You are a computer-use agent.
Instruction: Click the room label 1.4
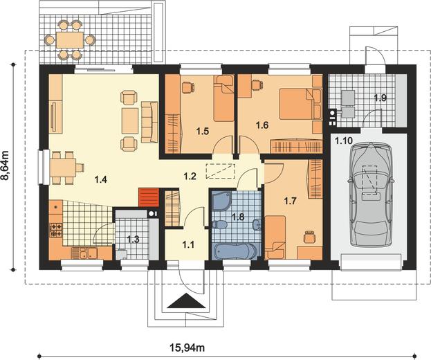[100, 179]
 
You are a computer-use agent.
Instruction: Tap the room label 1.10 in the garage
[343, 141]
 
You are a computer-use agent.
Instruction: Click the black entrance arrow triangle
[186, 300]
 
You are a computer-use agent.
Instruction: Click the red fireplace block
[149, 197]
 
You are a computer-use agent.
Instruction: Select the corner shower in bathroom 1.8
[221, 201]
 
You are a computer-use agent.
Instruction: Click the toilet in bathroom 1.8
[219, 224]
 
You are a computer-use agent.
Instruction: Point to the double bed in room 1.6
[300, 104]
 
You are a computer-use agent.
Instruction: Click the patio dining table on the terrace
[70, 40]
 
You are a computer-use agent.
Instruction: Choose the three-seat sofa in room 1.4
[150, 122]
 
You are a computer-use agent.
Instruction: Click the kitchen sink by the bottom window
[88, 253]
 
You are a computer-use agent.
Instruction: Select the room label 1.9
[380, 98]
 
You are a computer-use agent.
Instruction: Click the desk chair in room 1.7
[309, 237]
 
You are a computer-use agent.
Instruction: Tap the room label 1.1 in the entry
[188, 244]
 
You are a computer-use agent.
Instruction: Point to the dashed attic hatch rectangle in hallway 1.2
[221, 171]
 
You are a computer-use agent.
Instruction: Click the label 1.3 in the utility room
[133, 240]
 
